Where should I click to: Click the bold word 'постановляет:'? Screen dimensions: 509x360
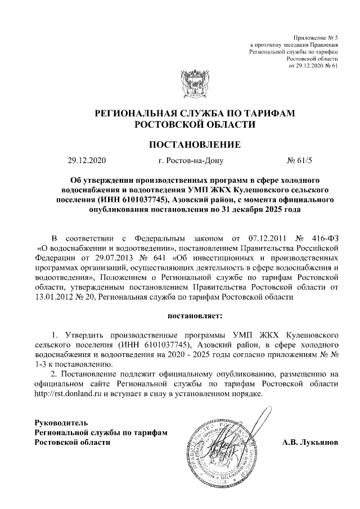click(x=195, y=309)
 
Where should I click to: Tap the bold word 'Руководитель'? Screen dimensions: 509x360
click(x=61, y=422)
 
